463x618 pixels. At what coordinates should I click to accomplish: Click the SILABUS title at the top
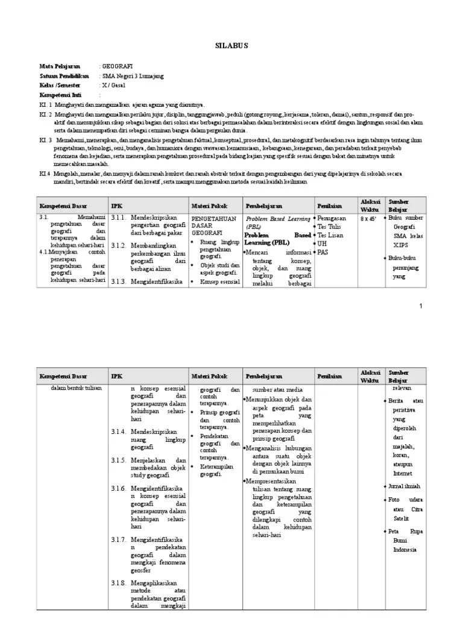click(231, 45)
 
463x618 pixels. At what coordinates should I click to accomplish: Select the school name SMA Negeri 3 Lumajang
click(133, 76)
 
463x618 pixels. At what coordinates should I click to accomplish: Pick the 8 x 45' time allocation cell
click(368, 218)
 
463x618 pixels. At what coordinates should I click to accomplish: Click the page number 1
click(421, 307)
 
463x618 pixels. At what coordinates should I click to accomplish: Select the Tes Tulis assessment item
click(330, 226)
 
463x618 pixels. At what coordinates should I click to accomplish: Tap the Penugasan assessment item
click(332, 218)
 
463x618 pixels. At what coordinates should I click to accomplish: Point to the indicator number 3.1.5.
click(118, 459)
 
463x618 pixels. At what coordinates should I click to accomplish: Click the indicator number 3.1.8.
click(118, 583)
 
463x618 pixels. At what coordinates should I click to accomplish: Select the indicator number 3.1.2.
click(118, 245)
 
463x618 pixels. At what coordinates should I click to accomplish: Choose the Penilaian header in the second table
click(330, 376)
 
